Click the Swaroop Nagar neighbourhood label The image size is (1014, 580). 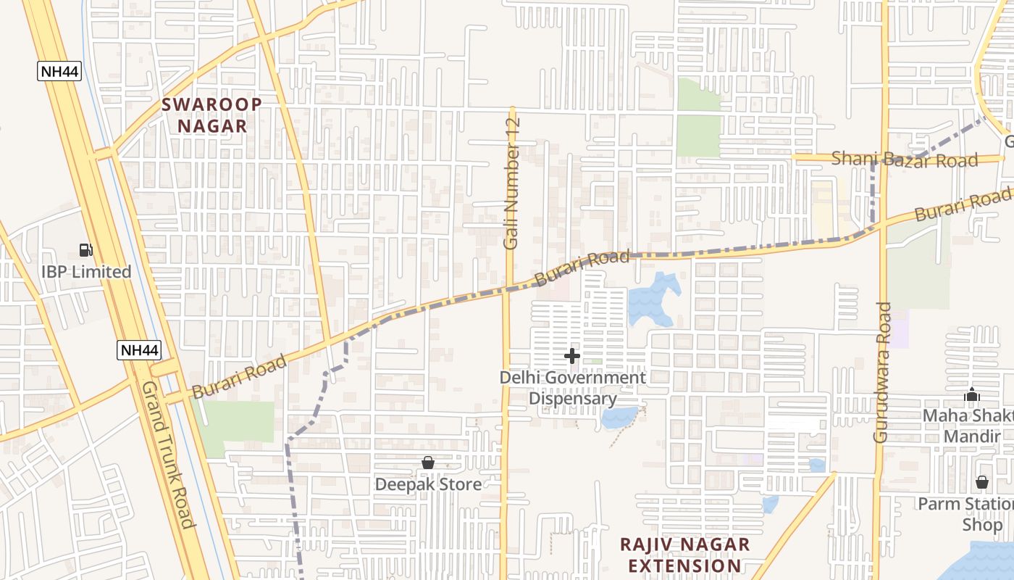pos(211,115)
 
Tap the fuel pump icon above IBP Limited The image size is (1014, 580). pos(86,251)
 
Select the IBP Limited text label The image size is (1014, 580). pos(86,272)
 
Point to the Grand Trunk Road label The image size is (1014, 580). pos(168,455)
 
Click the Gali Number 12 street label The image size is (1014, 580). pos(512,184)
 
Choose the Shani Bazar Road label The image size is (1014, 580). pos(905,159)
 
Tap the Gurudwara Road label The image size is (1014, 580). pos(881,372)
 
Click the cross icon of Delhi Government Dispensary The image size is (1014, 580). pos(572,356)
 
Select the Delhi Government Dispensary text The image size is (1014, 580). pos(572,388)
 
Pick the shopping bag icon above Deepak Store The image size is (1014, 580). pos(428,463)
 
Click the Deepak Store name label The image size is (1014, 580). pos(428,484)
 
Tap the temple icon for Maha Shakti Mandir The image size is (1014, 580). pos(972,396)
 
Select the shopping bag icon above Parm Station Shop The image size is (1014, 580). pos(981,482)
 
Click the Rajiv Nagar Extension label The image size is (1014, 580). pos(684,555)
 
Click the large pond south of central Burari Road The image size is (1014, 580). pos(652,297)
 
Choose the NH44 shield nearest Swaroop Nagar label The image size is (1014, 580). pos(59,71)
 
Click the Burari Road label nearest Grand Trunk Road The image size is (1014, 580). pos(240,378)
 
